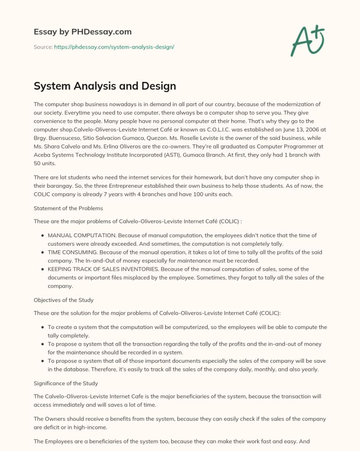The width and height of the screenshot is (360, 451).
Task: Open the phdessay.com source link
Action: click(x=114, y=46)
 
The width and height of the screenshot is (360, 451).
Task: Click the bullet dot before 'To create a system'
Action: click(x=42, y=327)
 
